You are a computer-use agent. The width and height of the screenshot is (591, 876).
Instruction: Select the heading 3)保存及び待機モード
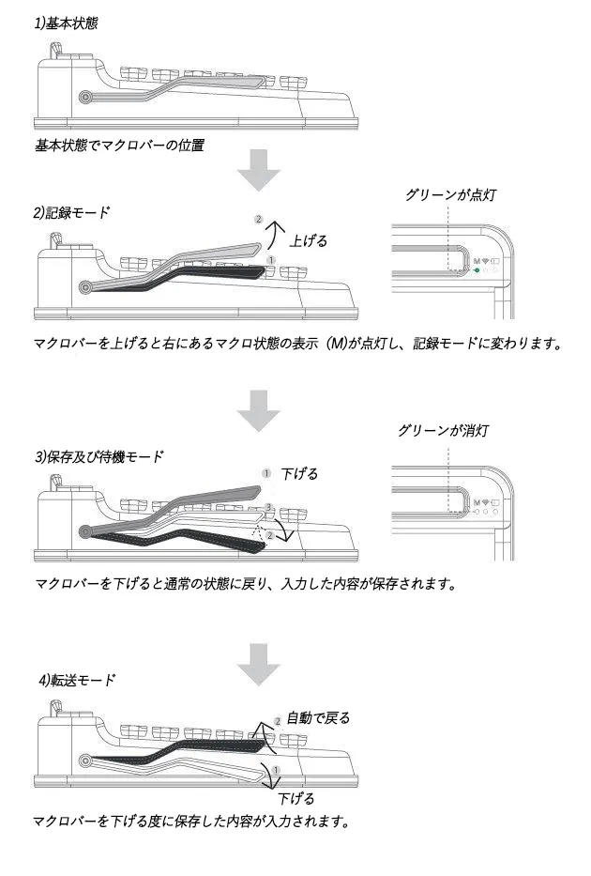98,457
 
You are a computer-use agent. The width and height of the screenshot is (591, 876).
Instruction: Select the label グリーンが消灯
443,431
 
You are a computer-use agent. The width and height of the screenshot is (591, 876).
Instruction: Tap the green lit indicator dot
477,269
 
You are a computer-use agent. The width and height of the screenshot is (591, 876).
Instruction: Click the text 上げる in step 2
309,240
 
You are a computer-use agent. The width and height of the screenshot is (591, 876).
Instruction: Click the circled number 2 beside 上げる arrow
259,220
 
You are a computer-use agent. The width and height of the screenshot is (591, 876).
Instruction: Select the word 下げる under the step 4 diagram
297,798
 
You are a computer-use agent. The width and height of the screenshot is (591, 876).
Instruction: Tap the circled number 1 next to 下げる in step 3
266,473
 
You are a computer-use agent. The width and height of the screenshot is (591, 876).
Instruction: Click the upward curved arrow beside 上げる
273,232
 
